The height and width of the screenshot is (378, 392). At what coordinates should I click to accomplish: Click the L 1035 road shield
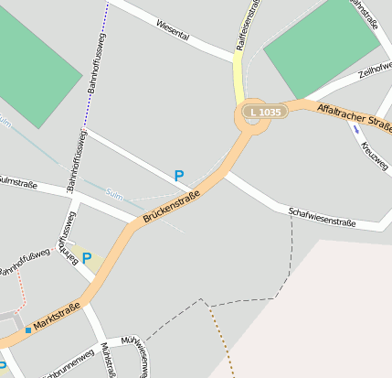(x=264, y=112)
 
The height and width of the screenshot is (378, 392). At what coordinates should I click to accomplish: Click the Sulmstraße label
(x=17, y=183)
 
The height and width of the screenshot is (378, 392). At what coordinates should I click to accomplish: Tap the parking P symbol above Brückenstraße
(x=179, y=175)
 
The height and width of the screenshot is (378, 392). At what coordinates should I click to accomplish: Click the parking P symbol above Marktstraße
(x=87, y=258)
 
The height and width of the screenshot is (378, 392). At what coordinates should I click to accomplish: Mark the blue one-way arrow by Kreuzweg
(x=355, y=130)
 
